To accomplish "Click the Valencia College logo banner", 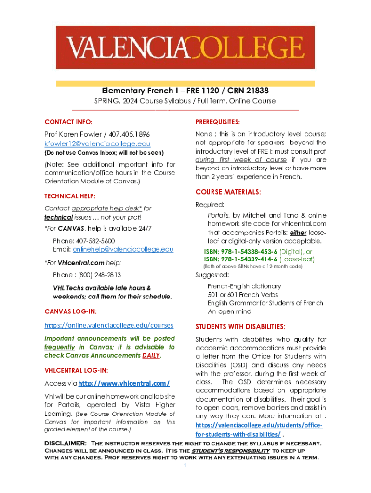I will click(x=185, y=47).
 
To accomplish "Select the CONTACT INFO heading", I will click(x=68, y=122).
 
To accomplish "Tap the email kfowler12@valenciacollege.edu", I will click(x=97, y=144).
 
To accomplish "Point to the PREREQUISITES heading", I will click(x=218, y=122).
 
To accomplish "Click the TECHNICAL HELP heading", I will click(x=70, y=196).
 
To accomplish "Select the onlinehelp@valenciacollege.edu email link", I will click(x=123, y=249).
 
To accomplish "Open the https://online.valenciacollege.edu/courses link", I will click(x=109, y=325).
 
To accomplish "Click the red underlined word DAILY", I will click(x=151, y=356).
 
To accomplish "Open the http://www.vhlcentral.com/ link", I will click(x=124, y=383).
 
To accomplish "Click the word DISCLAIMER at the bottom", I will click(x=66, y=443).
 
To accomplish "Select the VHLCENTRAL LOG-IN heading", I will click(x=76, y=370).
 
